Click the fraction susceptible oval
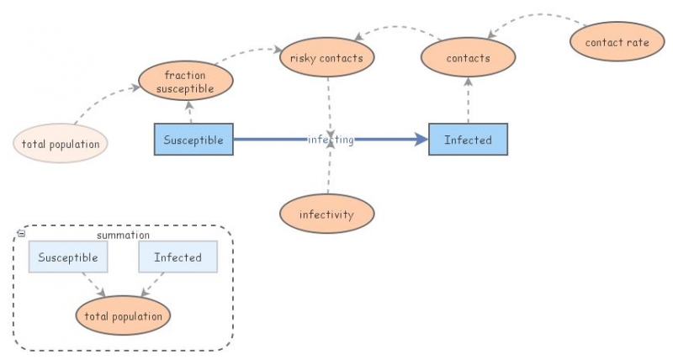pyautogui.click(x=184, y=82)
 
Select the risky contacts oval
pyautogui.click(x=326, y=58)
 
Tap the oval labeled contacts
pyautogui.click(x=468, y=58)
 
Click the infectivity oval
pyautogui.click(x=326, y=214)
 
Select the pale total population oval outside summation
pyautogui.click(x=61, y=144)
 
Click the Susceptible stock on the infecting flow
pyautogui.click(x=193, y=140)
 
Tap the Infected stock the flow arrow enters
pyautogui.click(x=468, y=140)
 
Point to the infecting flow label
pyautogui.click(x=331, y=140)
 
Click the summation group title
pyautogui.click(x=123, y=236)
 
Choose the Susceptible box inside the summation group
pyautogui.click(x=68, y=257)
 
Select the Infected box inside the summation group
pyautogui.click(x=178, y=257)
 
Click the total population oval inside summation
pyautogui.click(x=123, y=316)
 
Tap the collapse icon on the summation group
pyautogui.click(x=21, y=233)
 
